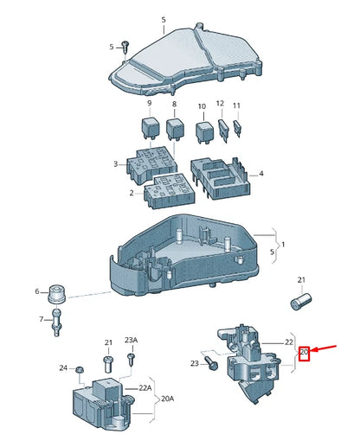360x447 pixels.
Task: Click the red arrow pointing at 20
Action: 324,348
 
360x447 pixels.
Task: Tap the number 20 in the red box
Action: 304,352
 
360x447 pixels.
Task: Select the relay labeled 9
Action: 149,128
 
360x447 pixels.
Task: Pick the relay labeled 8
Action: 175,129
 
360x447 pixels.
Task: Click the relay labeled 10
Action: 204,132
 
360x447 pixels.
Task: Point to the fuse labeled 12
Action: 224,131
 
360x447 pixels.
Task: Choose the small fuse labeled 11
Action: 238,129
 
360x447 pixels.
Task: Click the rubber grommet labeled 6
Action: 57,294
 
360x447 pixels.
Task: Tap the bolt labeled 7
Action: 56,322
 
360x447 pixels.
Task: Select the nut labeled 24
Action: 79,369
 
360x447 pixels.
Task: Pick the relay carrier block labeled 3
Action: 151,164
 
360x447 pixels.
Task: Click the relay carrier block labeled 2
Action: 170,191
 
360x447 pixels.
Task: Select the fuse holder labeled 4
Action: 220,178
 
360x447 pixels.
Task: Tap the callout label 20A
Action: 168,399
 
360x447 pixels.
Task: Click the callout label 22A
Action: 145,388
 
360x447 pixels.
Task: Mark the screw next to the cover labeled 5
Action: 125,47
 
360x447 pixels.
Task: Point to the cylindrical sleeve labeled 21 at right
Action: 300,302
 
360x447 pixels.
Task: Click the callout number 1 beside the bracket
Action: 283,245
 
